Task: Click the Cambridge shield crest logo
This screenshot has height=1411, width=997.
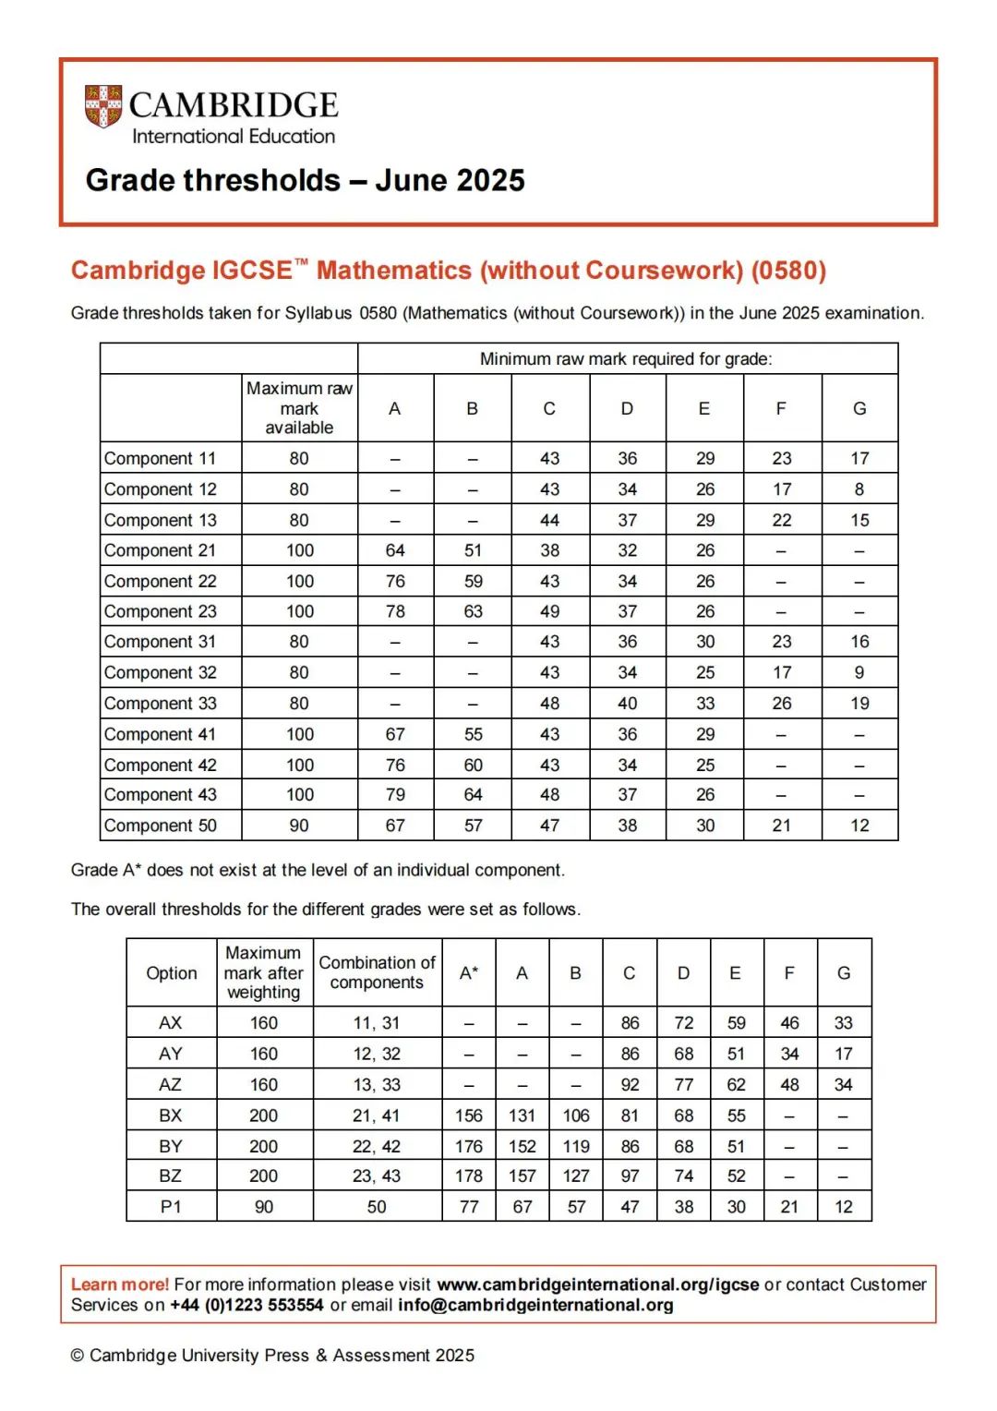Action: [x=103, y=106]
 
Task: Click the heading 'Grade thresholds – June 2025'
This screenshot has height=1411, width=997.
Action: [x=305, y=180]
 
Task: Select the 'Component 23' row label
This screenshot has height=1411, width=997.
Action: [x=161, y=611]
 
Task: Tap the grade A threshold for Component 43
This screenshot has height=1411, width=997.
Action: [x=395, y=795]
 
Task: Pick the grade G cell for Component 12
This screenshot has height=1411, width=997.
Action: [x=859, y=489]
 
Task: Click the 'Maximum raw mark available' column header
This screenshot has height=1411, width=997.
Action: [x=299, y=408]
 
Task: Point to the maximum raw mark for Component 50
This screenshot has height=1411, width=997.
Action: [x=299, y=826]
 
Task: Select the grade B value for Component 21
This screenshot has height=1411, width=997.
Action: [x=473, y=550]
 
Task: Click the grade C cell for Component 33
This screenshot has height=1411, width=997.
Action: [x=549, y=704]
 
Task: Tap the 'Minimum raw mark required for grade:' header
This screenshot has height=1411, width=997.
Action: [x=626, y=359]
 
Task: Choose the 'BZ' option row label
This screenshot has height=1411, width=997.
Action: [x=171, y=1176]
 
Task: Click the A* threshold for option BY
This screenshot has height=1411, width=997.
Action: [x=469, y=1146]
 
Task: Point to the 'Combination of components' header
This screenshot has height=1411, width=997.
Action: [x=377, y=972]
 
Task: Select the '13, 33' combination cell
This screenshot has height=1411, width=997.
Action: [x=377, y=1085]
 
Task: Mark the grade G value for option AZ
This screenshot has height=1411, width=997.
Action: [x=844, y=1085]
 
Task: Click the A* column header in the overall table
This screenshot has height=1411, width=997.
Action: [x=469, y=972]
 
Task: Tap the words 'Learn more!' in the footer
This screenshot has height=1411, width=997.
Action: [x=120, y=1284]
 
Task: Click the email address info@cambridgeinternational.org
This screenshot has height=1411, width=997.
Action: [x=535, y=1305]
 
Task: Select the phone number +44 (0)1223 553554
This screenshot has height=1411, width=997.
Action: [x=246, y=1305]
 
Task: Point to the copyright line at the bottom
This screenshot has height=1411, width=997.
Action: [x=272, y=1356]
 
